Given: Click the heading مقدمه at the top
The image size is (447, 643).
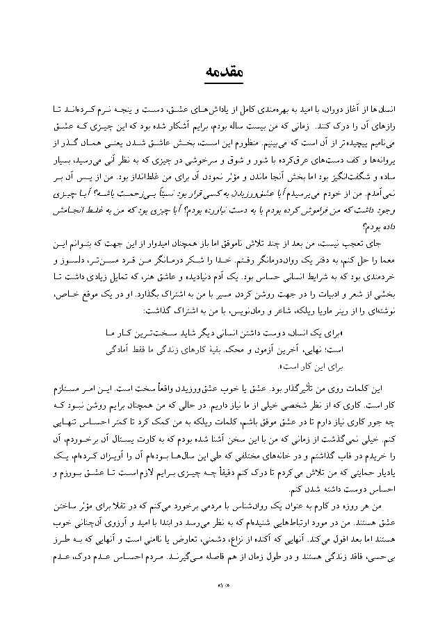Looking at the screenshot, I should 223,72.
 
